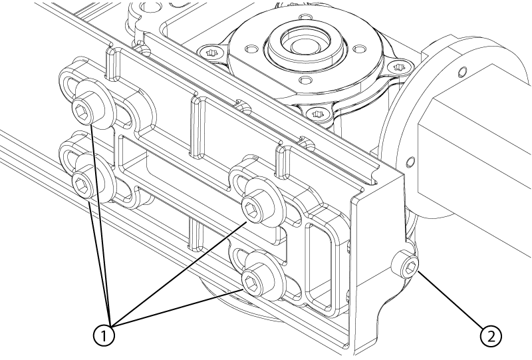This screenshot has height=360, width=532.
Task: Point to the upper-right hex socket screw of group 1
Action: click(253, 208)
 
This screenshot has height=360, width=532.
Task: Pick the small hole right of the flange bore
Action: click(360, 49)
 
